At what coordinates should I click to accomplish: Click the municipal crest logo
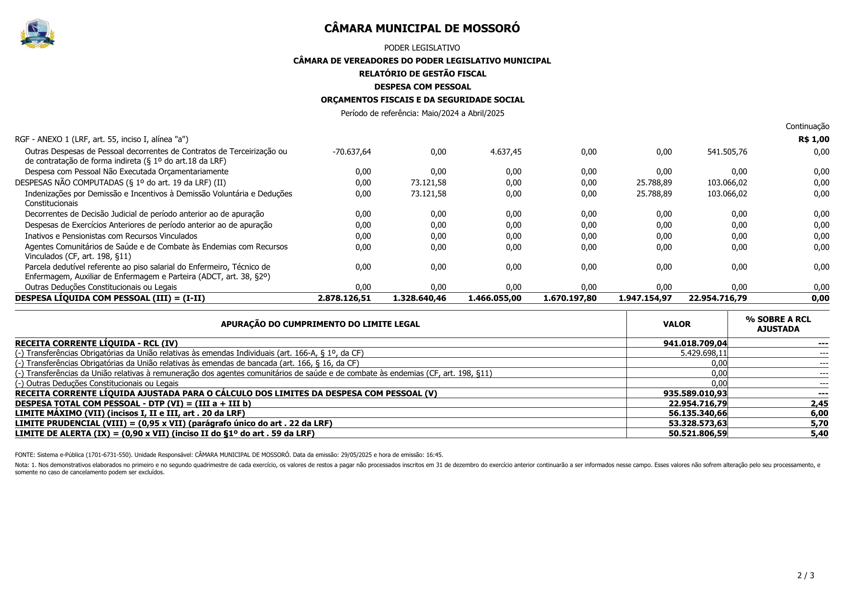pos(38,33)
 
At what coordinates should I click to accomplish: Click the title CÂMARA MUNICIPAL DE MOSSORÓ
pos(422,28)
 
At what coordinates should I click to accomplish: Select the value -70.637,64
pos(351,152)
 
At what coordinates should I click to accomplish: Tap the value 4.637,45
pos(506,152)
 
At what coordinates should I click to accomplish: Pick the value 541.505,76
pos(727,152)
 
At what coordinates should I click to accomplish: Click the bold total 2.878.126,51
pos(344,298)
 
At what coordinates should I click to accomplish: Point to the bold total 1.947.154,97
pos(645,298)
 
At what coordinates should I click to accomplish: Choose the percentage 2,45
pos(819,403)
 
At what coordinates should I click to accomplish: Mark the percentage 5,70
pos(819,424)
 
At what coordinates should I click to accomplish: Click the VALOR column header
pos(676,324)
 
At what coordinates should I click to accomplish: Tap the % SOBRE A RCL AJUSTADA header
pos(778,324)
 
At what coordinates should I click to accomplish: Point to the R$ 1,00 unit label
pos(814,140)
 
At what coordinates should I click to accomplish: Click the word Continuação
pos(807,127)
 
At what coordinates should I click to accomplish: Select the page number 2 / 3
pos(806,576)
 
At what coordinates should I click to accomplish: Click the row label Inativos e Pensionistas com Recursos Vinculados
pos(111,236)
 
